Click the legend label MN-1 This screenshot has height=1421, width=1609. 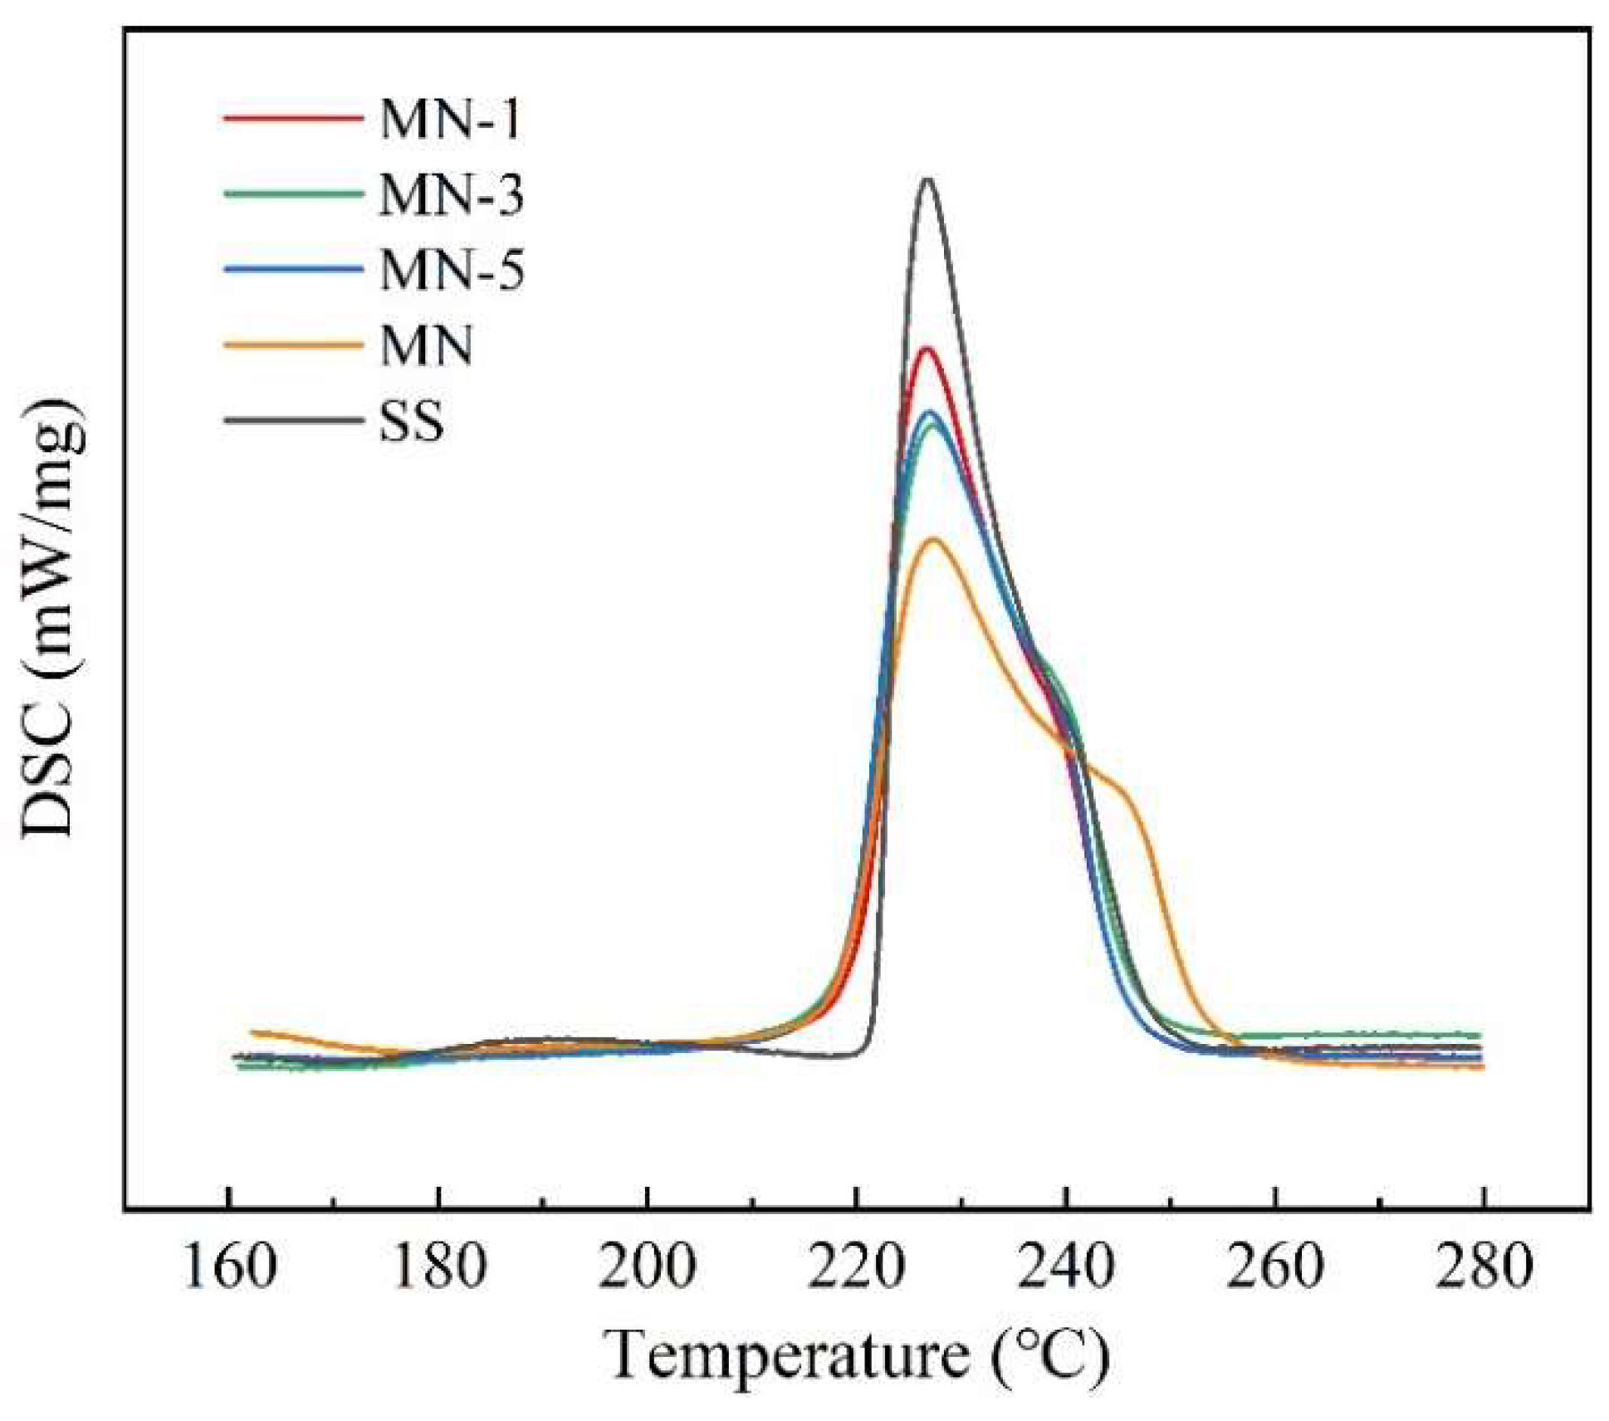[450, 119]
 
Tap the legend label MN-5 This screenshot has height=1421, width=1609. [451, 270]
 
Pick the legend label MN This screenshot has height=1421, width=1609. [426, 345]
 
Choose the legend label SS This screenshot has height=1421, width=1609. [411, 421]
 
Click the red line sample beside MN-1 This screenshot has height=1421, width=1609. [293, 118]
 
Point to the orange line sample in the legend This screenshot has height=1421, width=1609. [293, 345]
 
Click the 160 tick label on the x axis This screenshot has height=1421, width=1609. [229, 1267]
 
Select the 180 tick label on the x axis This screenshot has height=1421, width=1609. [438, 1267]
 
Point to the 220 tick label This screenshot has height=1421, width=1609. [856, 1267]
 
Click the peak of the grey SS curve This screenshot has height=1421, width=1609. [927, 179]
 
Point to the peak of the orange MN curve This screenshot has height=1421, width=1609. [934, 540]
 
